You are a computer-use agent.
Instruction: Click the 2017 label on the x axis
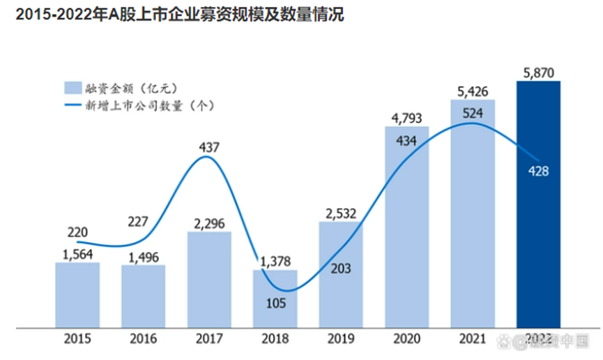208,339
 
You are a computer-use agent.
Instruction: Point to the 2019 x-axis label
340,339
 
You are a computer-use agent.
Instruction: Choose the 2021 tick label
473,339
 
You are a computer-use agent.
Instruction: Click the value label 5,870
538,71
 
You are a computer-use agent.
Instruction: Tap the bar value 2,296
208,222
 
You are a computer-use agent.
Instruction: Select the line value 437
209,147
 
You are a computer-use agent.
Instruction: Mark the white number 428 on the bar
539,170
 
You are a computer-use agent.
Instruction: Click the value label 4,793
406,117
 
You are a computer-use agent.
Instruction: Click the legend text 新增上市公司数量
147,106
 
